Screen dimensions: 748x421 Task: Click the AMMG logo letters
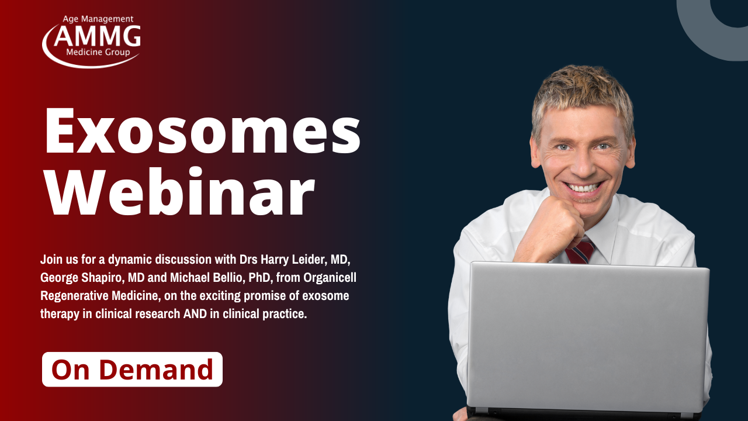click(97, 36)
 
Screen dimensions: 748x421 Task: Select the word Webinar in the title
click(179, 191)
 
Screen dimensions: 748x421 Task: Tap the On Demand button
click(132, 369)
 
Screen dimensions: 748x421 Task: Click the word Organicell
click(330, 278)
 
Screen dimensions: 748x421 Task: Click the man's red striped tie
click(580, 251)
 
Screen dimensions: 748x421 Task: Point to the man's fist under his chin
click(551, 227)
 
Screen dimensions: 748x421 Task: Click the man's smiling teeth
click(584, 188)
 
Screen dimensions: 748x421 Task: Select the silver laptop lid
click(588, 337)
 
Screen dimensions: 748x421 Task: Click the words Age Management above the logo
click(98, 19)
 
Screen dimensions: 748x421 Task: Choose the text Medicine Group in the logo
click(98, 52)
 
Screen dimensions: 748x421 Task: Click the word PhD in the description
click(259, 278)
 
